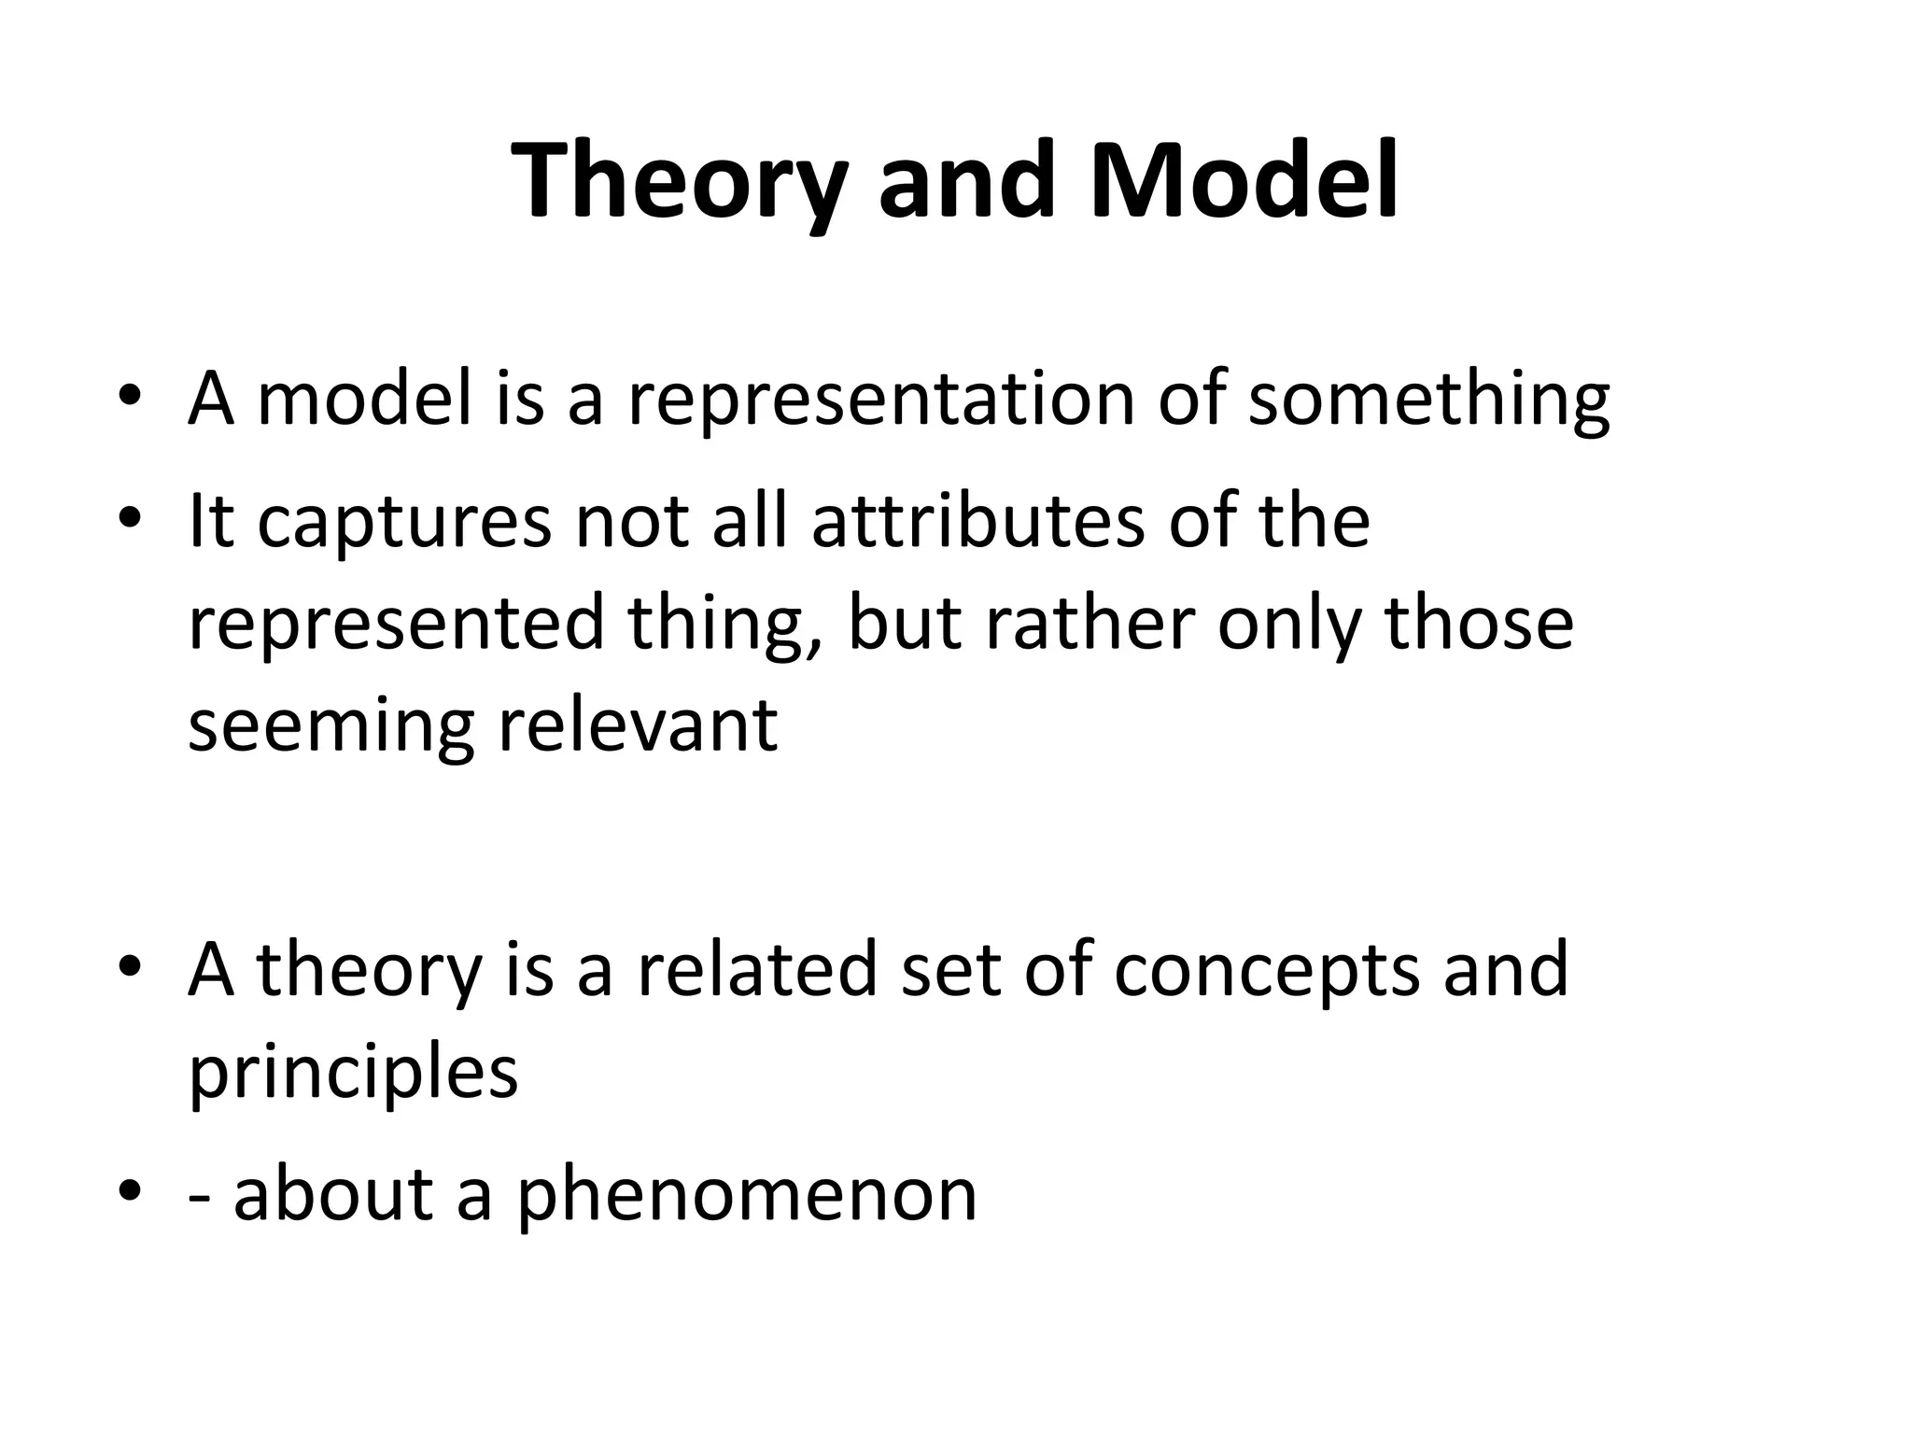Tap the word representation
881,400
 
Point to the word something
1428,400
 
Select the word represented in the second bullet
397,624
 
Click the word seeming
331,726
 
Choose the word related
757,969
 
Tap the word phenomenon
746,1195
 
